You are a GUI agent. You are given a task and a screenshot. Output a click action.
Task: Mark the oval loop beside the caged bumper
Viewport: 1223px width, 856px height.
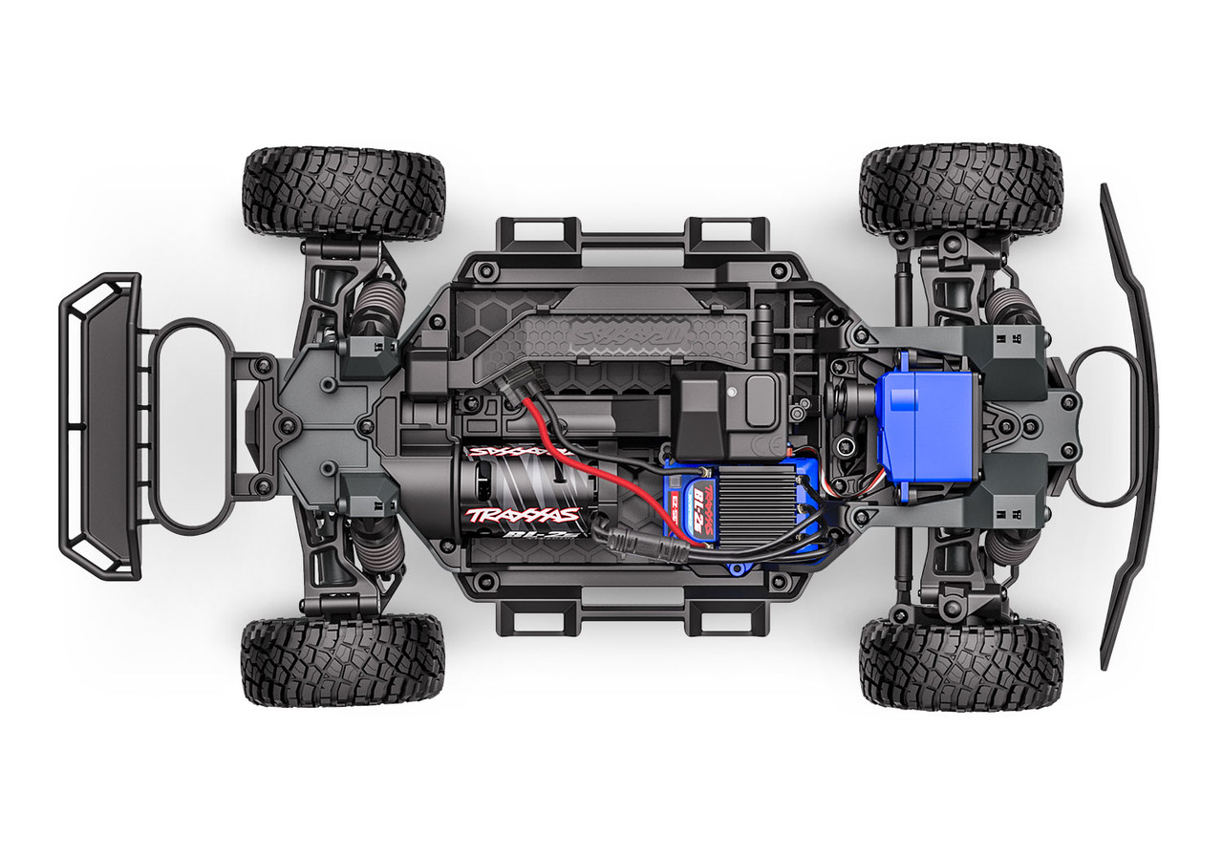[x=196, y=426]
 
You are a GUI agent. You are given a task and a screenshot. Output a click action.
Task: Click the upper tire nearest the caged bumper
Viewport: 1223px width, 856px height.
[x=343, y=192]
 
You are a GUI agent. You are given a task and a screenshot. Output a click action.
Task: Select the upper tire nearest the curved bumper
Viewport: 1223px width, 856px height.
[x=960, y=189]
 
